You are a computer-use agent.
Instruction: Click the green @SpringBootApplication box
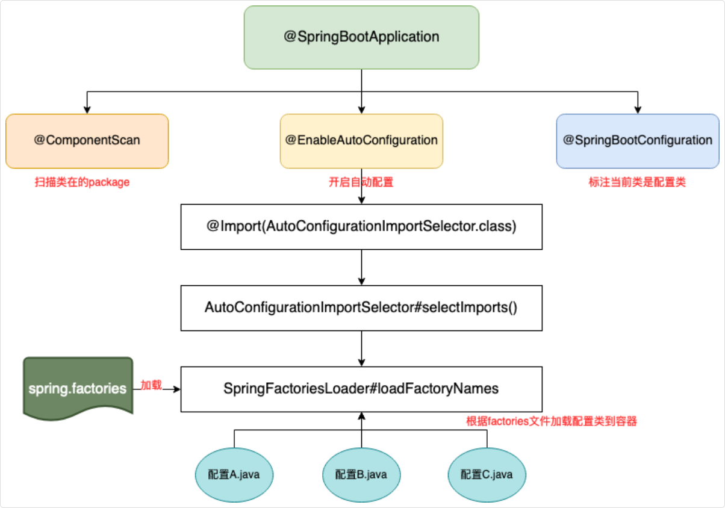point(361,37)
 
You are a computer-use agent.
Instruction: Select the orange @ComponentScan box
point(87,141)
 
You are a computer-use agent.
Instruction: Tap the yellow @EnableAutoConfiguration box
point(361,141)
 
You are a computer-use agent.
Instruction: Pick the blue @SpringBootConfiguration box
point(637,141)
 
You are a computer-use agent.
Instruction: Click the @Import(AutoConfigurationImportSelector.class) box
point(361,227)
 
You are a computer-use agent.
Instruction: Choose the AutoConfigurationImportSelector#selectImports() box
point(361,308)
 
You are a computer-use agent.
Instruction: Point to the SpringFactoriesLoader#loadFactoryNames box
point(361,389)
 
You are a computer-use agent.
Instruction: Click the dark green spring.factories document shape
point(78,388)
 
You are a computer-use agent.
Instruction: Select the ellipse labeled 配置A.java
point(234,474)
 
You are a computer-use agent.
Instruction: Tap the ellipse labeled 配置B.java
point(361,474)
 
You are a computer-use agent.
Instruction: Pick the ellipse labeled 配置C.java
point(487,474)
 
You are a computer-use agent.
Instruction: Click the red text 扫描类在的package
point(82,182)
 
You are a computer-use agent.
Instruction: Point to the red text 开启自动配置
point(361,182)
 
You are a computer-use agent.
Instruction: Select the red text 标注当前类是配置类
point(637,182)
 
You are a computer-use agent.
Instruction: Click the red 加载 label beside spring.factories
point(151,385)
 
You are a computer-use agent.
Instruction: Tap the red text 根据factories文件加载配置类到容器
point(552,421)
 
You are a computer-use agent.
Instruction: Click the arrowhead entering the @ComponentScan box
point(87,110)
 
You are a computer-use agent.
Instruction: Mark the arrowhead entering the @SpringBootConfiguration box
point(637,110)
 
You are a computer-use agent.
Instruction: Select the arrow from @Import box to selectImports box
point(361,267)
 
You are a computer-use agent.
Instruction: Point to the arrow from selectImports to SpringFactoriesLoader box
point(361,348)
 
